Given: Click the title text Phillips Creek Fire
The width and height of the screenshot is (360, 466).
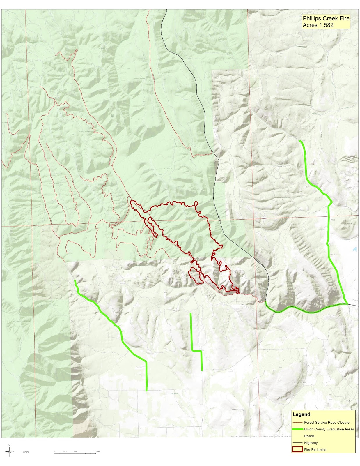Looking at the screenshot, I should (x=326, y=18).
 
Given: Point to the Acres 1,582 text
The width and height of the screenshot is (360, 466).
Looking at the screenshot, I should (x=318, y=25).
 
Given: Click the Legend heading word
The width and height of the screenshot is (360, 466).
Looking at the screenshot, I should (x=301, y=414).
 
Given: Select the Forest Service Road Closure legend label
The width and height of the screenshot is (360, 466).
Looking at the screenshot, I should (x=327, y=422).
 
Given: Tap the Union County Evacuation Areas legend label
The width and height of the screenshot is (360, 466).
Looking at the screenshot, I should (x=329, y=429).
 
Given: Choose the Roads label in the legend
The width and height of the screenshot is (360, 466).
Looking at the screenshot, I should (x=309, y=436).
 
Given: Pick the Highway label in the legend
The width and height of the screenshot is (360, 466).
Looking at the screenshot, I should (x=311, y=443).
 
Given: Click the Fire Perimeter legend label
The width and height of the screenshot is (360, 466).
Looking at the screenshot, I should (x=315, y=449).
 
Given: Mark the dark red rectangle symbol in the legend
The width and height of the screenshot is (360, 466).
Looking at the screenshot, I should (x=297, y=449).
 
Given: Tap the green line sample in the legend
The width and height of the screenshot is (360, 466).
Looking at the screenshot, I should (x=297, y=429).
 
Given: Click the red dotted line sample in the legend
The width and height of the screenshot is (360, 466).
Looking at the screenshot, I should (x=297, y=423).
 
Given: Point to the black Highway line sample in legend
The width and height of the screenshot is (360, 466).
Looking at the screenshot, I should (x=297, y=443).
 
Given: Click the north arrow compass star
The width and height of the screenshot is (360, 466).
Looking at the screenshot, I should (x=10, y=452).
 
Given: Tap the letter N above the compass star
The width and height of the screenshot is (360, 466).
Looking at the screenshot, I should (x=9, y=445).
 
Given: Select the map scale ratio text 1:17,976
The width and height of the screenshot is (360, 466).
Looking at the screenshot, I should (x=26, y=452).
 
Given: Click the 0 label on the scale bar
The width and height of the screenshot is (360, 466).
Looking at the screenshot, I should (x=54, y=451).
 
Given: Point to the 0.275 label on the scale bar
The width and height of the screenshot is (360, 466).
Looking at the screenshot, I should (x=65, y=451).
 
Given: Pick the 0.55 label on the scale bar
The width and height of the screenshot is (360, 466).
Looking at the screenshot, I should (x=75, y=451).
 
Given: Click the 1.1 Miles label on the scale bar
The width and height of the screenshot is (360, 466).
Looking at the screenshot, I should (x=97, y=451).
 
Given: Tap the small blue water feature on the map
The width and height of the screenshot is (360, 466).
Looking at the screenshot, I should (x=354, y=249).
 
